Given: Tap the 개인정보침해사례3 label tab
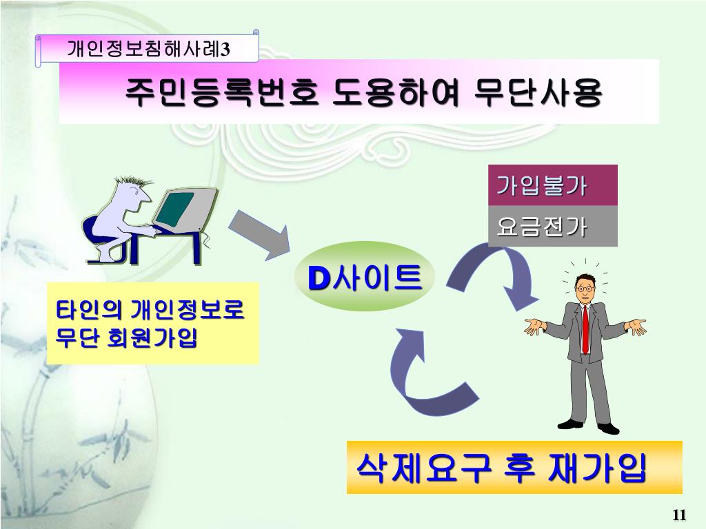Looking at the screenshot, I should point(148,50).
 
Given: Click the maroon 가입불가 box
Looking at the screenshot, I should point(543,185).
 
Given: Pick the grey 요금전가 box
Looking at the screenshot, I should point(543,226).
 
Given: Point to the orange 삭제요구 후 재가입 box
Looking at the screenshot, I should point(514,468).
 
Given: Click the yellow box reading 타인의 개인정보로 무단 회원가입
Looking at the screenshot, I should point(152,323).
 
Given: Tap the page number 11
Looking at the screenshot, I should point(679,516).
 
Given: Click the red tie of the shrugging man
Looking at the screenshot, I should point(585,329).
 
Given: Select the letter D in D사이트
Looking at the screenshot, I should point(318,278).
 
